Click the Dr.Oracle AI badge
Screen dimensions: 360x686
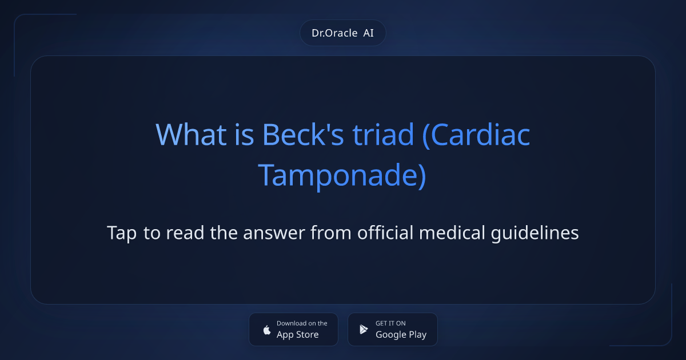[x=342, y=33]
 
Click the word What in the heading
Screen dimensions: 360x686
[x=184, y=135]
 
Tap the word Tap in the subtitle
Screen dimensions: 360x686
[x=122, y=233]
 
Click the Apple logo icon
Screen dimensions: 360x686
[x=266, y=330]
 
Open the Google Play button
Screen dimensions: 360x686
[x=392, y=329]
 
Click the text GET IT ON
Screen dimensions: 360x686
[x=390, y=323]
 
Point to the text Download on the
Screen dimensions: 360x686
[x=302, y=323]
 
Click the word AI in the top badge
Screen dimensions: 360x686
[x=368, y=33]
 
